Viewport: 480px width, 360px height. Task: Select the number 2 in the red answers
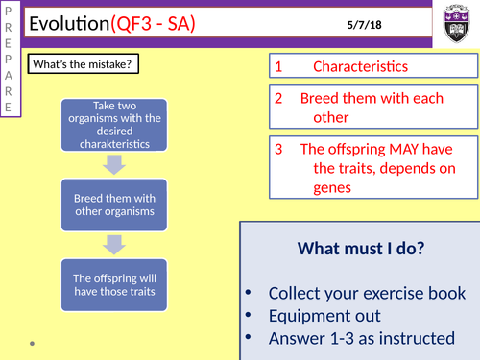278,98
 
